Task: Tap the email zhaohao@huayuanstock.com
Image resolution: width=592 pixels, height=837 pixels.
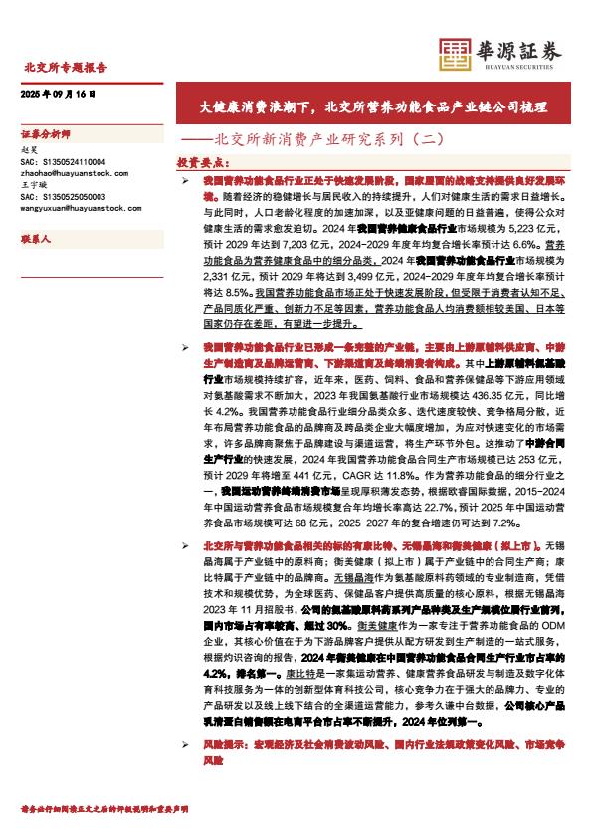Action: pyautogui.click(x=74, y=173)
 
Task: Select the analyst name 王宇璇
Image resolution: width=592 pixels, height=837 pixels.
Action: pyautogui.click(x=35, y=185)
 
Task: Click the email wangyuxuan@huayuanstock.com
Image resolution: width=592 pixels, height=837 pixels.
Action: pyautogui.click(x=80, y=209)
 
